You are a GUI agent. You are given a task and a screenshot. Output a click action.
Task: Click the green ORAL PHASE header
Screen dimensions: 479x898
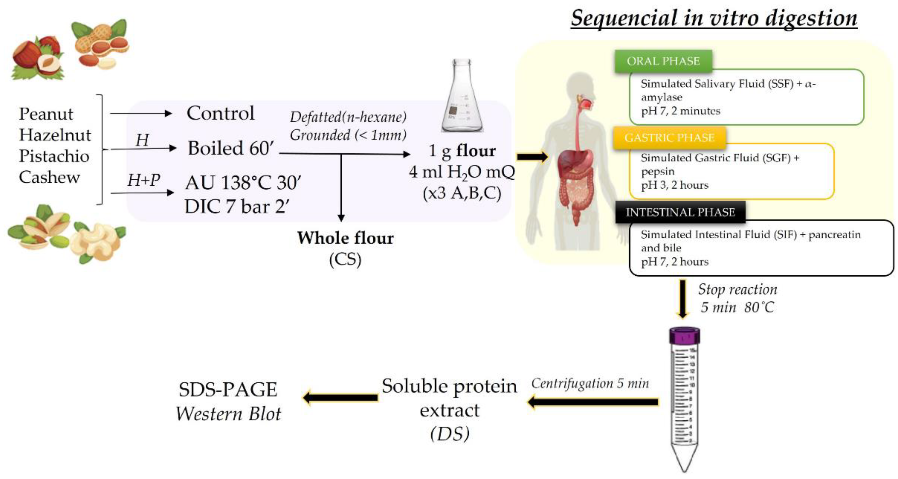(x=663, y=61)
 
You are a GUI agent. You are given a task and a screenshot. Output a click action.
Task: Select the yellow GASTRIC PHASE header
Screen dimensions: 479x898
(x=669, y=138)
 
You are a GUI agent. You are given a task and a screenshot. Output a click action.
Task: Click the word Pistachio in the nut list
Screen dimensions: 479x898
(x=54, y=156)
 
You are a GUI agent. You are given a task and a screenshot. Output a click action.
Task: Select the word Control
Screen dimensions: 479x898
(x=220, y=113)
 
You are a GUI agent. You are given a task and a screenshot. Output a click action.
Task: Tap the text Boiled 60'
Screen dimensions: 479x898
(x=230, y=148)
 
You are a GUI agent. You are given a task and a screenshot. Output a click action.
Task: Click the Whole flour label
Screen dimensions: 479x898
(x=345, y=238)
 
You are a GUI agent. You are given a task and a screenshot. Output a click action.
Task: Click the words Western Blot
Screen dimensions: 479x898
(x=228, y=414)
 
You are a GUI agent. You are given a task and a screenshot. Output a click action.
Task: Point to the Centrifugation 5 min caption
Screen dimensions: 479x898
(x=590, y=384)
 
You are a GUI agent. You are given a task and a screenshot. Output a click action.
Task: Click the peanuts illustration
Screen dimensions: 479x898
(x=101, y=44)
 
